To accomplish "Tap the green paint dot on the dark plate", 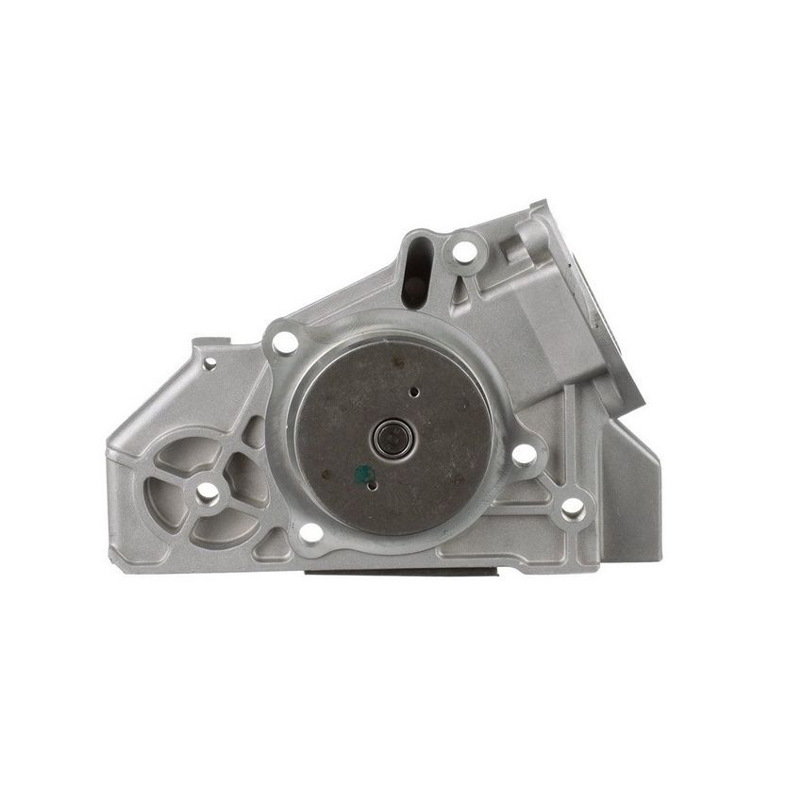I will (359, 472).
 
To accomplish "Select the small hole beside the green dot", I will (373, 485).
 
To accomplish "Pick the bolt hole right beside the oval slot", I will (464, 252).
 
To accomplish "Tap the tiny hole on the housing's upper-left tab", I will (209, 362).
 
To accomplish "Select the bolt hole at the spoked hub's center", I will (207, 493).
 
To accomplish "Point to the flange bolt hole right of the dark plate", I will (525, 455).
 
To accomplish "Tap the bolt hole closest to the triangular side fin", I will (572, 508).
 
